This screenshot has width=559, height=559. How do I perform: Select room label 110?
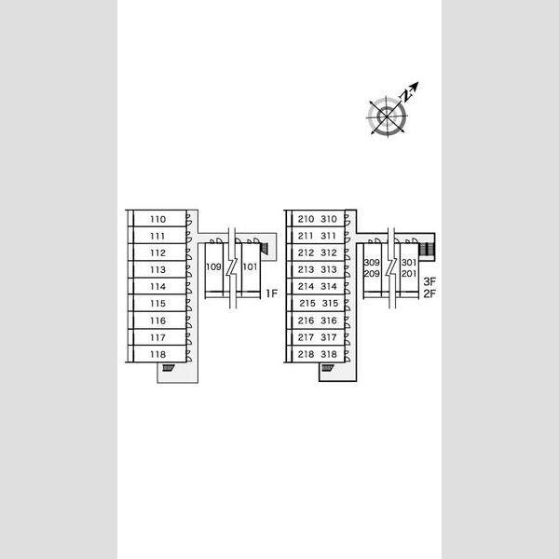tap(157, 219)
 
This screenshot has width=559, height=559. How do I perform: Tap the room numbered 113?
tap(157, 270)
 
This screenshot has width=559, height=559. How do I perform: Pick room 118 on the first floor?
tap(157, 354)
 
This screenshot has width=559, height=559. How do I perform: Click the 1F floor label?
tap(271, 294)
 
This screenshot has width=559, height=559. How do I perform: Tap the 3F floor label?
tap(429, 281)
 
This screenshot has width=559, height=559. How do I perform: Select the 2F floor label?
tap(429, 294)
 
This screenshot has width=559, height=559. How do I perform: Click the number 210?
tap(307, 219)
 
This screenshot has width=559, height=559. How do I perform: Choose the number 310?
tap(328, 219)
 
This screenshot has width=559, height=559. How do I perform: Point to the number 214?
tap(307, 287)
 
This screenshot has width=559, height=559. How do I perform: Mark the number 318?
tap(328, 354)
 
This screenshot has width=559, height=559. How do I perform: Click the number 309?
tap(372, 263)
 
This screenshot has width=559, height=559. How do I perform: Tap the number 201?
tap(408, 274)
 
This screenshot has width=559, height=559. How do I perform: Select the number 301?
tap(408, 263)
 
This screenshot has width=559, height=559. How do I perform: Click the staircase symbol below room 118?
tap(168, 369)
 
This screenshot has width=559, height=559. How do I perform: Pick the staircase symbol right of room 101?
tap(266, 247)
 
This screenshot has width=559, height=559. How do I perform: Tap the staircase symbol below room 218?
tap(327, 369)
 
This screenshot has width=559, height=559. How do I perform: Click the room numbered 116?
tap(157, 320)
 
